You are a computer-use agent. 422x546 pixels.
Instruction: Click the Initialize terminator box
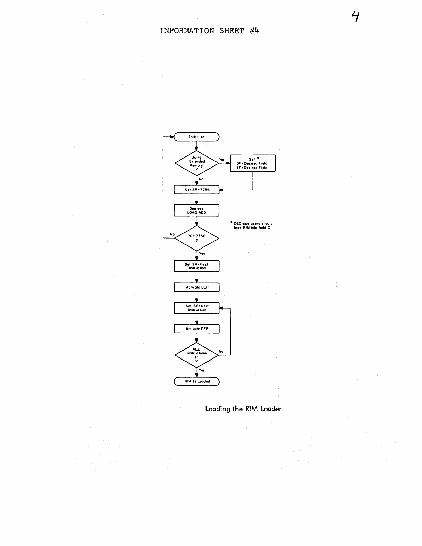pos(197,137)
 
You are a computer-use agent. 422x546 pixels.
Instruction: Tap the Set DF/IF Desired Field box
pos(253,163)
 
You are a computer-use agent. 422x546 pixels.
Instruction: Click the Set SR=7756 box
pos(197,190)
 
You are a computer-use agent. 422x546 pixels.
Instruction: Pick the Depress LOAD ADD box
pos(197,211)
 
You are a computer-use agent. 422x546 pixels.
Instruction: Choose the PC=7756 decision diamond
pos(197,238)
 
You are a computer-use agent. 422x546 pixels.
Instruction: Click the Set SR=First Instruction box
pos(197,266)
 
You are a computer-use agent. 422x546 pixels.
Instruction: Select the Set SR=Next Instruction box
pos(197,308)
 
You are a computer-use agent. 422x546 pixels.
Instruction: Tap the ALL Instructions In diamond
pos(197,355)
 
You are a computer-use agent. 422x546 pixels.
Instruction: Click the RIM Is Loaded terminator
pos(197,381)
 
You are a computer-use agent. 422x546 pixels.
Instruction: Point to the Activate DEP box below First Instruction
pos(197,287)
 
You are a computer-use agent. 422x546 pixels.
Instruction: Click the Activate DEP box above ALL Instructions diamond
pos(197,329)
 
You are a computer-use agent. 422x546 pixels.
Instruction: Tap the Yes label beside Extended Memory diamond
pos(222,160)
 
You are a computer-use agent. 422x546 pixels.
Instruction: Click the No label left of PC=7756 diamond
pos(172,234)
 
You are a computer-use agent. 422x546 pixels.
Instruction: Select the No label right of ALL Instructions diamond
pos(221,352)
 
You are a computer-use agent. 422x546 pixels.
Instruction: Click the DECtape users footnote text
pos(253,226)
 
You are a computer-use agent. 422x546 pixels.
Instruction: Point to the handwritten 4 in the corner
pos(355,16)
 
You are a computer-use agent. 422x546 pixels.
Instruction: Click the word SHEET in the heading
pos(231,31)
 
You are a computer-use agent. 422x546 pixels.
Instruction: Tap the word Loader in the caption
pos(271,409)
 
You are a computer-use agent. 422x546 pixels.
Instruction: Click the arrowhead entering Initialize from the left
pos(172,137)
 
